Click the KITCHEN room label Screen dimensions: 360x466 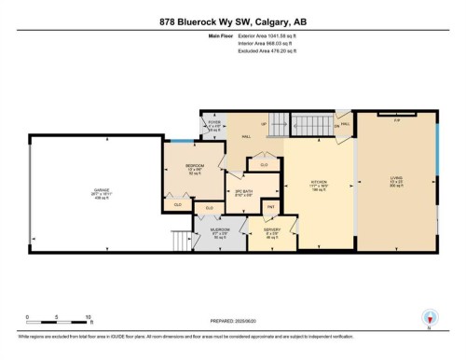320,184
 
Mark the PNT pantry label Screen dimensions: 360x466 270,207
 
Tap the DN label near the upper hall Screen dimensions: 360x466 336,127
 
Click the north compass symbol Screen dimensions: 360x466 429,318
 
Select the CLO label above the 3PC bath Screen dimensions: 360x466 264,165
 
